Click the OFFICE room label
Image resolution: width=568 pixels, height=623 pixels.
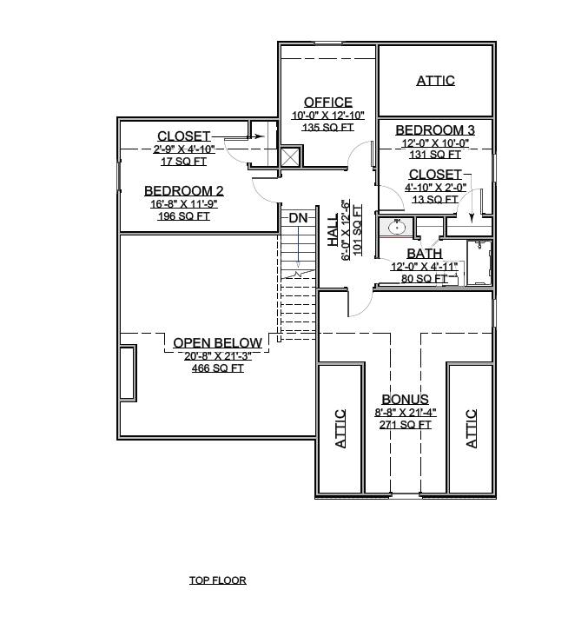click(x=327, y=103)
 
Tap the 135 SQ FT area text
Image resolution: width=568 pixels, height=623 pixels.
click(x=327, y=127)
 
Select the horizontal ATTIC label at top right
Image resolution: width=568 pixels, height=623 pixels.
click(x=435, y=81)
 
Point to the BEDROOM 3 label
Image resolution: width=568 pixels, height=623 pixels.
click(x=433, y=130)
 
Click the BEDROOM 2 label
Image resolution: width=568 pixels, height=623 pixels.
click(x=184, y=191)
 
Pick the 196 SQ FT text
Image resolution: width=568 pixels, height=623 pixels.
click(x=184, y=216)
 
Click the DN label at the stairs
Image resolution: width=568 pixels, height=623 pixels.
click(x=298, y=218)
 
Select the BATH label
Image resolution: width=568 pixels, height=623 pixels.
click(x=425, y=254)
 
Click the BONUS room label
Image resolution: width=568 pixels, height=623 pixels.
click(x=405, y=400)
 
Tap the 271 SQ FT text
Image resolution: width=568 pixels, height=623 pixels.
click(x=405, y=425)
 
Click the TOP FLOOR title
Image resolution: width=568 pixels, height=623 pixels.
click(x=217, y=580)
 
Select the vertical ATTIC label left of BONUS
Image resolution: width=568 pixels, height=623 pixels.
click(x=340, y=428)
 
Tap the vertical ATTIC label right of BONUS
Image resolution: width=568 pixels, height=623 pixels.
click(x=472, y=428)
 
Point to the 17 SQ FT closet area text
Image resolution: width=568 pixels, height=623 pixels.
click(x=184, y=161)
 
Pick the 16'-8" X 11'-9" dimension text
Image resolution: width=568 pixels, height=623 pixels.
click(x=184, y=204)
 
